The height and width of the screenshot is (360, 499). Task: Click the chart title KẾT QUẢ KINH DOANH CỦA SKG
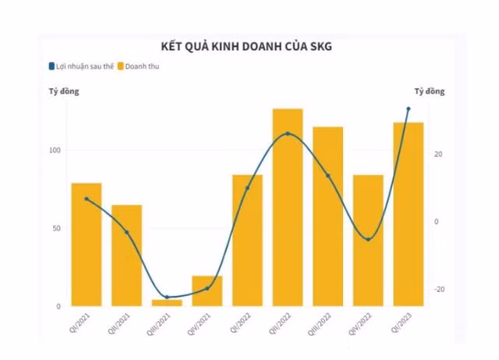(x=246, y=47)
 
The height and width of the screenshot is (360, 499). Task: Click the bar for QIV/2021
(x=207, y=290)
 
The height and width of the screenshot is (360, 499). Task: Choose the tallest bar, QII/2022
(x=287, y=206)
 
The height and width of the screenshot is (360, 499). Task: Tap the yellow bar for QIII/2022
(x=327, y=216)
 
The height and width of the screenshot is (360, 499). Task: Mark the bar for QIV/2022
(x=368, y=240)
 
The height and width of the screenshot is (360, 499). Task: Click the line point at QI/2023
(x=408, y=109)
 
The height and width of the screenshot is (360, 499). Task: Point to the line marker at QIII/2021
(x=167, y=298)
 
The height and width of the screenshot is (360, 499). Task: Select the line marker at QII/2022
(x=287, y=134)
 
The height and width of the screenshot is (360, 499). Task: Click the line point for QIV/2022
(x=368, y=239)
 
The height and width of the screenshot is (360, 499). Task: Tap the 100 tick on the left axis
(x=55, y=150)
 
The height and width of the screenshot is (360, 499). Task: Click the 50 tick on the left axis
(x=57, y=228)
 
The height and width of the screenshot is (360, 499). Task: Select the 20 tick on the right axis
(x=439, y=154)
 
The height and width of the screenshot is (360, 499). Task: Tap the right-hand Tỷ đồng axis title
(x=430, y=91)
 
